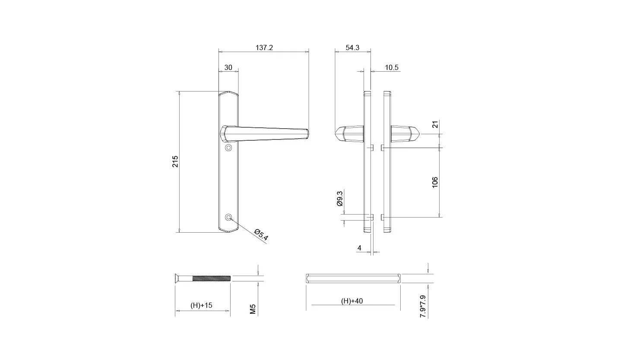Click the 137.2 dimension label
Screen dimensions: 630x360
[264, 47]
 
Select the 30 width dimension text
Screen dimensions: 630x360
[228, 67]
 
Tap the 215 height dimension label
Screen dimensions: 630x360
[175, 161]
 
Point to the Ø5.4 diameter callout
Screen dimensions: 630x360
[261, 235]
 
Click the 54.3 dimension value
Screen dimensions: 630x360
[352, 47]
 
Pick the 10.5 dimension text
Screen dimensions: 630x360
[392, 67]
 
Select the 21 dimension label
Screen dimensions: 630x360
[435, 124]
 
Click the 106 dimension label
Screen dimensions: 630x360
[435, 182]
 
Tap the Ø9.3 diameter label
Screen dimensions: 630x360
[340, 199]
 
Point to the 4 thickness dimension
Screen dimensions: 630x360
[359, 248]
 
